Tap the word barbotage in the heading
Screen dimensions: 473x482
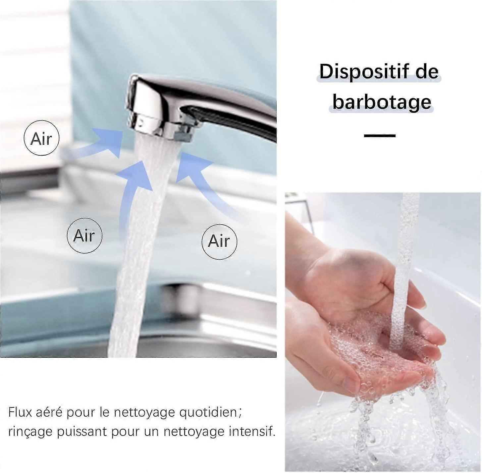382,102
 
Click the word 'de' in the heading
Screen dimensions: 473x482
427,72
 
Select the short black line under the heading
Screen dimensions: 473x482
380,135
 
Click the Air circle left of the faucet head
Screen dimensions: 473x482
41,138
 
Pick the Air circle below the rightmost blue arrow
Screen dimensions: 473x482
219,241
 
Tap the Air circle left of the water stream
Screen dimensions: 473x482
84,236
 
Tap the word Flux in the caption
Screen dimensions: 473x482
20,412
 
